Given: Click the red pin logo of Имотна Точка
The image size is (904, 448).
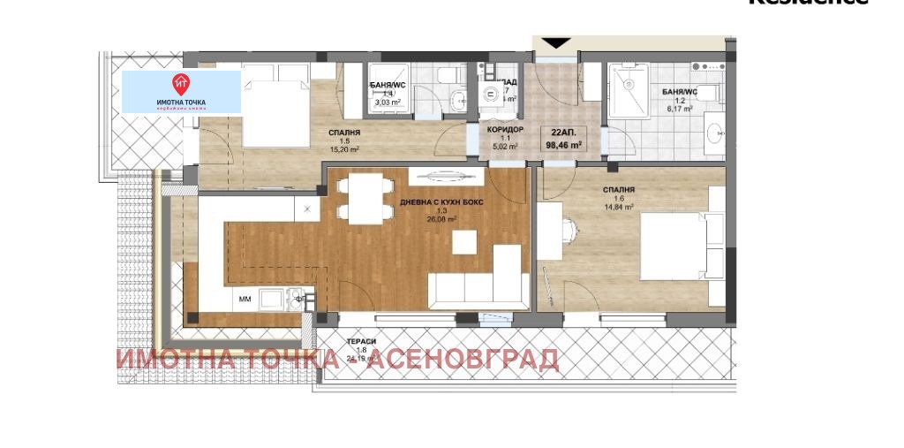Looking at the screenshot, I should [x=181, y=85].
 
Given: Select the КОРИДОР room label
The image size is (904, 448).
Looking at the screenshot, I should [x=505, y=130].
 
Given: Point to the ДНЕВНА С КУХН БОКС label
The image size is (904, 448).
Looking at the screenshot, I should [x=441, y=202].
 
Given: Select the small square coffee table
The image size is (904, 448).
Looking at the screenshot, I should [x=465, y=240].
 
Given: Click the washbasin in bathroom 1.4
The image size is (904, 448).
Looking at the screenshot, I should [x=456, y=100].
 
